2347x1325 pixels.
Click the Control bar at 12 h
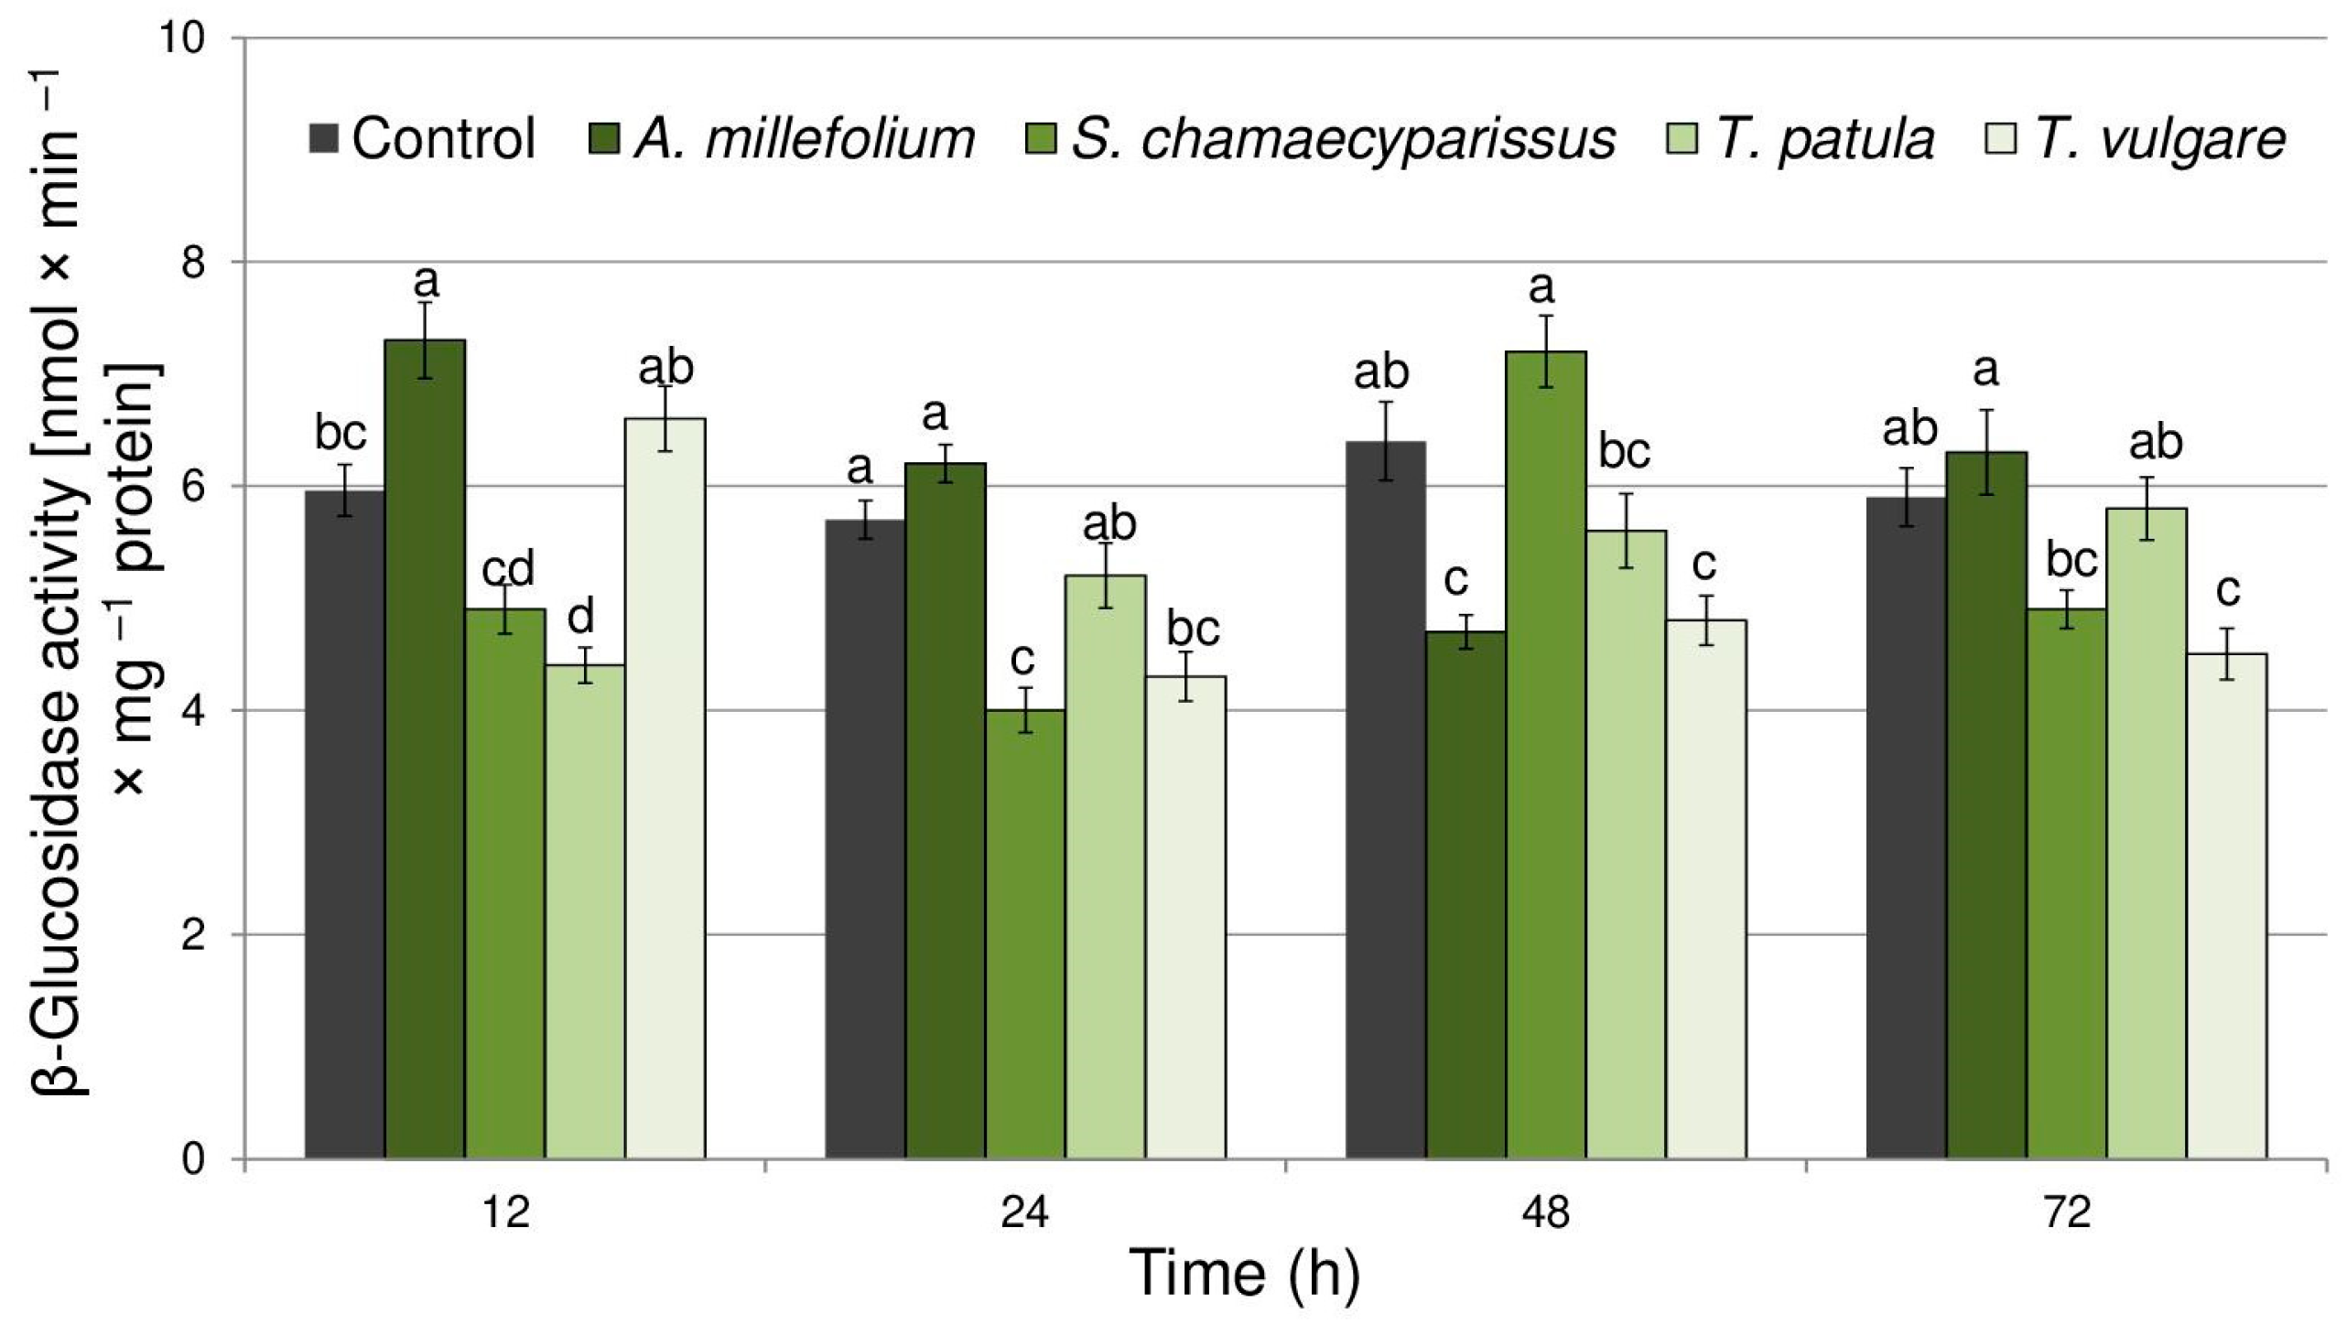[x=345, y=824]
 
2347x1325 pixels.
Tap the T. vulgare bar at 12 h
[x=665, y=788]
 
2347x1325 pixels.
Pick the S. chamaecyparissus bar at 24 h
[x=1025, y=933]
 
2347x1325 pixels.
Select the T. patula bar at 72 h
[x=2147, y=833]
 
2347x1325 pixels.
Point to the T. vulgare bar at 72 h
[x=2226, y=906]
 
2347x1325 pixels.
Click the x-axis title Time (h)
[x=1245, y=1274]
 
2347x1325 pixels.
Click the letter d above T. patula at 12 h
[x=581, y=617]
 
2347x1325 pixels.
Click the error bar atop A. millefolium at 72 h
[x=1986, y=452]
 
